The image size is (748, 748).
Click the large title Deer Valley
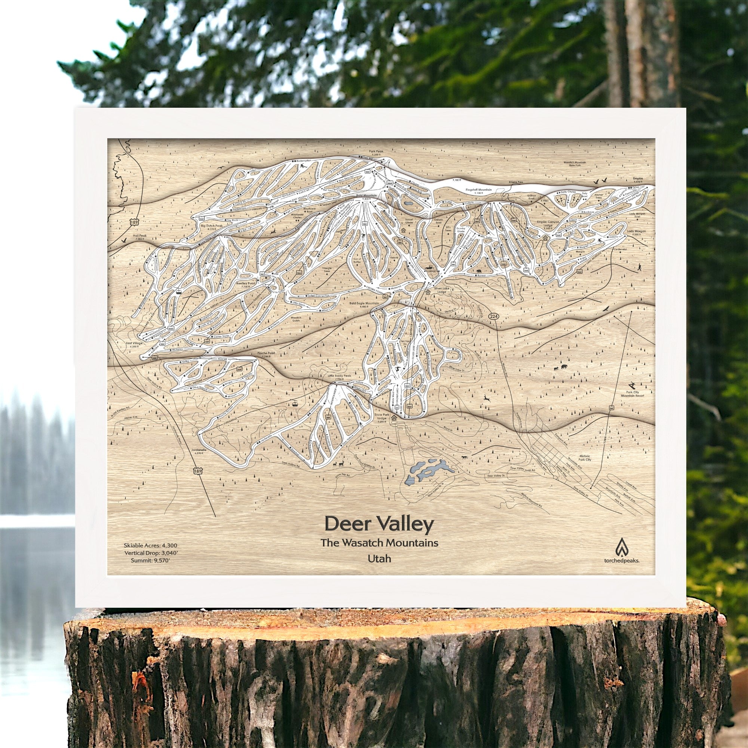coord(379,524)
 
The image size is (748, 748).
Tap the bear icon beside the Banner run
coord(479,272)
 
